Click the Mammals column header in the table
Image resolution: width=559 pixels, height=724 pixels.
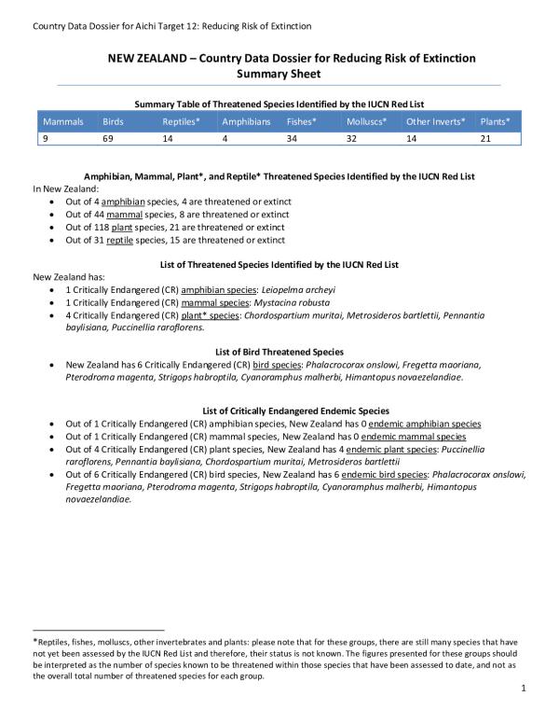pyautogui.click(x=62, y=122)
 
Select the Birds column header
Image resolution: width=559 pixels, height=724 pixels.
pyautogui.click(x=113, y=122)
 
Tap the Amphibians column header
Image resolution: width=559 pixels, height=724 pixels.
pyautogui.click(x=246, y=122)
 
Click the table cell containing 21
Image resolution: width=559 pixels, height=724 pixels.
pyautogui.click(x=485, y=138)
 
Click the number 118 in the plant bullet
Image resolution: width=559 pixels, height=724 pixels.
pyautogui.click(x=110, y=227)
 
